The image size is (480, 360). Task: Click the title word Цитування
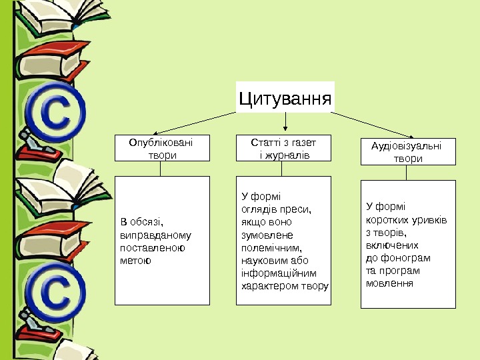click(x=285, y=99)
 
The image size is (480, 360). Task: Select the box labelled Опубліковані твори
click(x=161, y=148)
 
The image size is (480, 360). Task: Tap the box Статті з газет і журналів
click(x=284, y=148)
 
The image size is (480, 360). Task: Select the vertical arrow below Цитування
click(x=286, y=121)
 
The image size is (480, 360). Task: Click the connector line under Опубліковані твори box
click(x=161, y=169)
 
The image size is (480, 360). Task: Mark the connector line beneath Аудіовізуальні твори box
click(x=407, y=172)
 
